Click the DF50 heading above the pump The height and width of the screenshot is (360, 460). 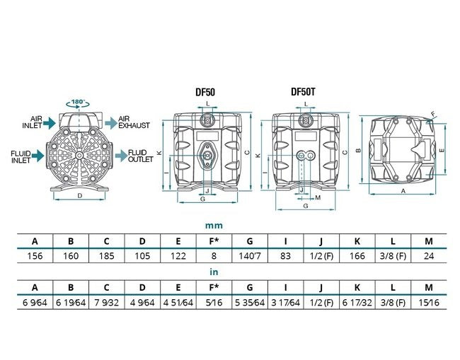205,93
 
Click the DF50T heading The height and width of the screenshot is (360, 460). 303,92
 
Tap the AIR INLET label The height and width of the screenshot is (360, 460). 33,122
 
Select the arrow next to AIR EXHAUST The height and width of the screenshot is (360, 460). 111,122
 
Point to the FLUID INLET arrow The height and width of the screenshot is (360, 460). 38,156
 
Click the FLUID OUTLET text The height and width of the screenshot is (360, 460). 141,156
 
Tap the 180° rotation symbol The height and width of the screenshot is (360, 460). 78,103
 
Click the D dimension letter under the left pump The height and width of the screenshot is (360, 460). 80,195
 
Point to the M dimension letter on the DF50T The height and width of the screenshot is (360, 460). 318,198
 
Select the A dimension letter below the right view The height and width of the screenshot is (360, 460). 403,191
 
